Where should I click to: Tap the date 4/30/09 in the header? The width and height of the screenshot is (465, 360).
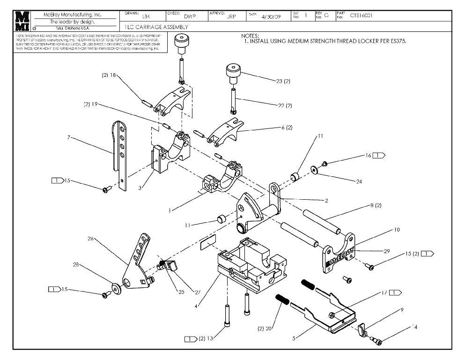pyautogui.click(x=269, y=16)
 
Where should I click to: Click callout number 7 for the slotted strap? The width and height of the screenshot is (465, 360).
pyautogui.click(x=69, y=137)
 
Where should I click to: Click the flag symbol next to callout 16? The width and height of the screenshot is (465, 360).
pyautogui.click(x=379, y=155)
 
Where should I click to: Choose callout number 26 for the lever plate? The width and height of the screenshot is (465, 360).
pyautogui.click(x=91, y=238)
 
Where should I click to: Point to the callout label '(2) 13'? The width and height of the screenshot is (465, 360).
pyautogui.click(x=206, y=338)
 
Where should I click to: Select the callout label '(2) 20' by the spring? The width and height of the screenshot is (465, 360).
pyautogui.click(x=265, y=328)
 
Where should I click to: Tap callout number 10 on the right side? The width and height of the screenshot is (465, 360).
pyautogui.click(x=397, y=230)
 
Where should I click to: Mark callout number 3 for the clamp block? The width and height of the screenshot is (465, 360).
pyautogui.click(x=140, y=187)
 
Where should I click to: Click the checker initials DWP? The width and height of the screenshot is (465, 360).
pyautogui.click(x=190, y=16)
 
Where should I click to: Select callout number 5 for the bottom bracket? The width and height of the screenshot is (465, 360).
pyautogui.click(x=293, y=337)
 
